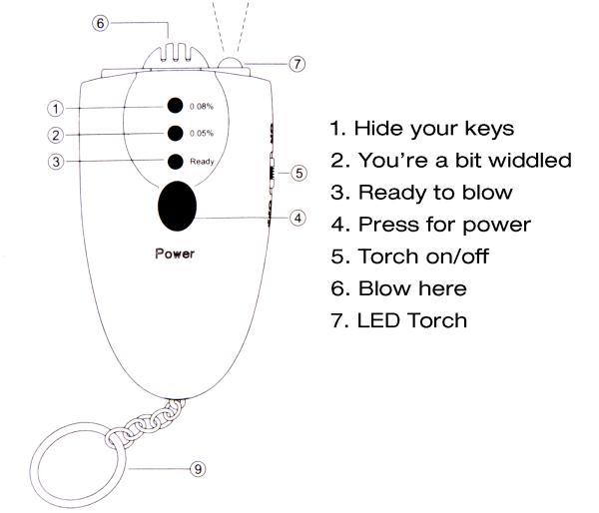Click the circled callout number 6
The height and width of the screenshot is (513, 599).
tap(101, 23)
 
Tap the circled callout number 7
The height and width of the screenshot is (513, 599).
tap(297, 64)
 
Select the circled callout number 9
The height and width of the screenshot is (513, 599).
tap(198, 469)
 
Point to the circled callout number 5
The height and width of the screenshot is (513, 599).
tap(299, 173)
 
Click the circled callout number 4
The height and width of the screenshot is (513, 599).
tap(298, 219)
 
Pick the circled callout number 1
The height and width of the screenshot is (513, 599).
tap(55, 109)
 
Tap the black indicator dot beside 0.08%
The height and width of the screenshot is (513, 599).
tap(175, 106)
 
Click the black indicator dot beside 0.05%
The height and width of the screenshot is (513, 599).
tap(176, 133)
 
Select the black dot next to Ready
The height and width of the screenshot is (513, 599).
tap(176, 162)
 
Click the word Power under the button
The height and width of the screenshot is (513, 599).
tap(175, 254)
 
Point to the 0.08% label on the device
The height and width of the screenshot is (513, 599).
tap(202, 106)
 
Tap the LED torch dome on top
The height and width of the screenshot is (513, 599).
tap(230, 63)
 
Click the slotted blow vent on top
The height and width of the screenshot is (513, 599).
tap(176, 56)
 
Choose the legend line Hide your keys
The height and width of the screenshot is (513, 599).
tap(422, 129)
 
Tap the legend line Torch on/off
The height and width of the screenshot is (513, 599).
tap(409, 256)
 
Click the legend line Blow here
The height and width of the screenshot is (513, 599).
tap(398, 288)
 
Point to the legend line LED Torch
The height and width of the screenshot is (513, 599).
tap(398, 320)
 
